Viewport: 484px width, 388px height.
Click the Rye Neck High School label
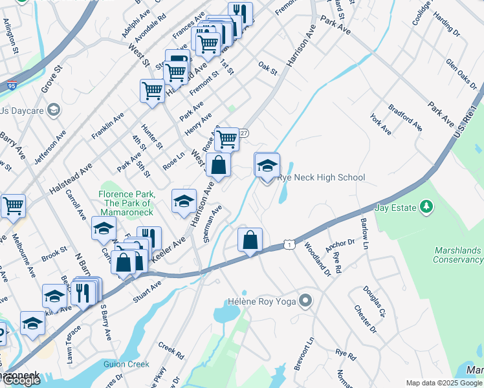click(321, 178)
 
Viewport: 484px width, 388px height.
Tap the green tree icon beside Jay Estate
click(426, 207)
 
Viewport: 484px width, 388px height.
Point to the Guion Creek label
click(126, 364)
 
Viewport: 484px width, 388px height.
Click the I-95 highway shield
click(12, 65)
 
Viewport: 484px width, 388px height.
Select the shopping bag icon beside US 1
click(250, 241)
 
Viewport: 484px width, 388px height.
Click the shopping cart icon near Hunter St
click(152, 91)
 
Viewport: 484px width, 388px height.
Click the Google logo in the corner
click(21, 380)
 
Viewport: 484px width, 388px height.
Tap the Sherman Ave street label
click(212, 224)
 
